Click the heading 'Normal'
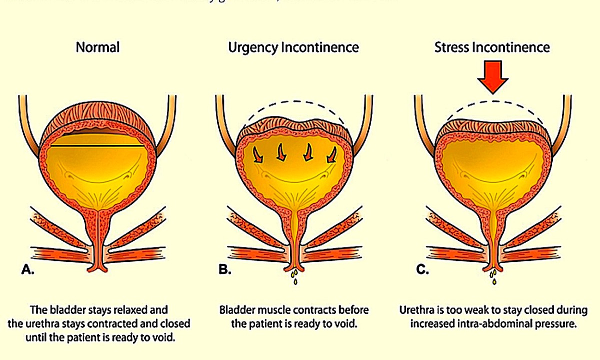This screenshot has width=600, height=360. point(97,47)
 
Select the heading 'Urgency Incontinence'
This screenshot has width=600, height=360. point(293,47)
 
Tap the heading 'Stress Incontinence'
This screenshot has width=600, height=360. point(492,47)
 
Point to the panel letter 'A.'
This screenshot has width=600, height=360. point(28,270)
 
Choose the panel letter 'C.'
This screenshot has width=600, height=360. point(422,270)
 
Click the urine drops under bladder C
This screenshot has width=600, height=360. point(493,276)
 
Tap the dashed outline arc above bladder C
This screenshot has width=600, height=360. point(492,102)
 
